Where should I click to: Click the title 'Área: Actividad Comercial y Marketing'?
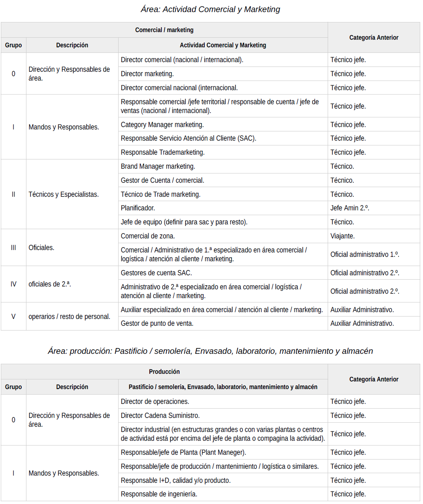[x=210, y=9]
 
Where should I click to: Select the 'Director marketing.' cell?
[x=147, y=74]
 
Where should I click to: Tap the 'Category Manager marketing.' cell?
[x=162, y=125]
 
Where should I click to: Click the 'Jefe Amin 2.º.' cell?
[x=350, y=208]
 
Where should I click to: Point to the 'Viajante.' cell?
[x=342, y=236]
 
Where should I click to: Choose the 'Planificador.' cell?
[x=138, y=208]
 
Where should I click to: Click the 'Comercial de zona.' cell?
[x=148, y=236]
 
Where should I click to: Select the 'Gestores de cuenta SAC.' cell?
[x=156, y=273]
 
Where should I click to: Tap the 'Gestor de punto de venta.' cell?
[x=157, y=323]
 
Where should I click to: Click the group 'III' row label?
[x=13, y=248]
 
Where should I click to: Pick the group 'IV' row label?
[x=13, y=284]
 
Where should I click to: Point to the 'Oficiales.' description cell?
[x=41, y=248]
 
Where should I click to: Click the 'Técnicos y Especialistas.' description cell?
[x=64, y=194]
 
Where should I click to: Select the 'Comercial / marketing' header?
[x=164, y=30]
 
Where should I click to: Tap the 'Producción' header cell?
[x=164, y=372]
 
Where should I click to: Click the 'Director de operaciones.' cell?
[x=155, y=401]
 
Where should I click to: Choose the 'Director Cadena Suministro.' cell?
[x=160, y=415]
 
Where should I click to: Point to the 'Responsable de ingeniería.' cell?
[x=159, y=494]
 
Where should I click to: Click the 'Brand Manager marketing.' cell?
[x=158, y=166]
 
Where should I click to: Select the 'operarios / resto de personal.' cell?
[x=69, y=317]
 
